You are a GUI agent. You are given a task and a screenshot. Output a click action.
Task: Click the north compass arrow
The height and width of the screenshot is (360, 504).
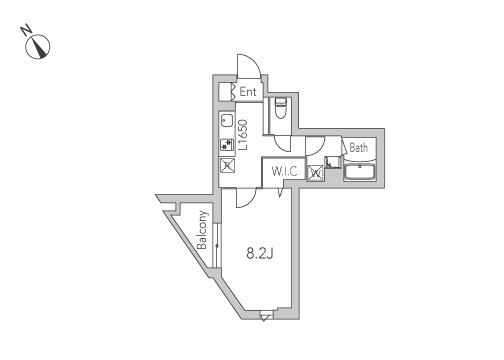pyautogui.click(x=41, y=45)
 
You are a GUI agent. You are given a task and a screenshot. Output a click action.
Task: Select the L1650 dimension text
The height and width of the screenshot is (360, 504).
pyautogui.click(x=243, y=135)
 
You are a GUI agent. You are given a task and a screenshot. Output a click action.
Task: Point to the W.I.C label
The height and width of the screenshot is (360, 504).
pyautogui.click(x=285, y=170)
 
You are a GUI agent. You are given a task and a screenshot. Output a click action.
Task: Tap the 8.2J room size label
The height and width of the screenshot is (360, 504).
pyautogui.click(x=261, y=253)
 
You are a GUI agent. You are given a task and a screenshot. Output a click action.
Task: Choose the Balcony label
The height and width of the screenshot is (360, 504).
pyautogui.click(x=203, y=233)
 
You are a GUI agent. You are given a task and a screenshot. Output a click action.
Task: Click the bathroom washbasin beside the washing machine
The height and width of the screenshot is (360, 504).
pyautogui.click(x=333, y=161)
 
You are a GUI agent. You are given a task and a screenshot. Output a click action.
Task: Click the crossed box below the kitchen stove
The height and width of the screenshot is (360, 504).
pyautogui.click(x=226, y=166)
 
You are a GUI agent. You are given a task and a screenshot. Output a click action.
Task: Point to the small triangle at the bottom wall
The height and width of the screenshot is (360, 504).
pyautogui.click(x=264, y=317)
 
